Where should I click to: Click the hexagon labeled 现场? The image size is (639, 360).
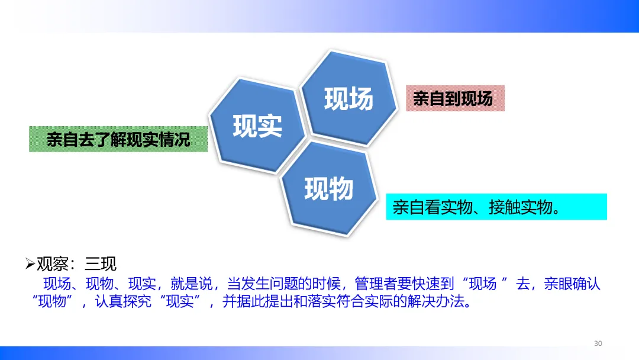tap(348, 98)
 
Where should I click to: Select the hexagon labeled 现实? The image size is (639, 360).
tap(257, 126)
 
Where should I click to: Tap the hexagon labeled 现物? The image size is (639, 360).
tap(328, 188)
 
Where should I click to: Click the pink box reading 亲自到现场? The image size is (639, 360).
tap(455, 98)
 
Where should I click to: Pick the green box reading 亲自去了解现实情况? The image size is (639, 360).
tap(118, 139)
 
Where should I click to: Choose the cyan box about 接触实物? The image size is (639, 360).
tap(496, 207)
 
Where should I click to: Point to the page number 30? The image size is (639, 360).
tap(598, 343)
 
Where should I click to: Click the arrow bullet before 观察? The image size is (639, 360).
tap(30, 263)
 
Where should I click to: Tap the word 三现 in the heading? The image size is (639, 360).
tap(101, 263)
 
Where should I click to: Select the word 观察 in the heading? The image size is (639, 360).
tap(53, 263)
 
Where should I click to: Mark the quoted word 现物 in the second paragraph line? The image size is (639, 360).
tap(52, 301)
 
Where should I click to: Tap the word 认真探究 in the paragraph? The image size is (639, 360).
tap(123, 301)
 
